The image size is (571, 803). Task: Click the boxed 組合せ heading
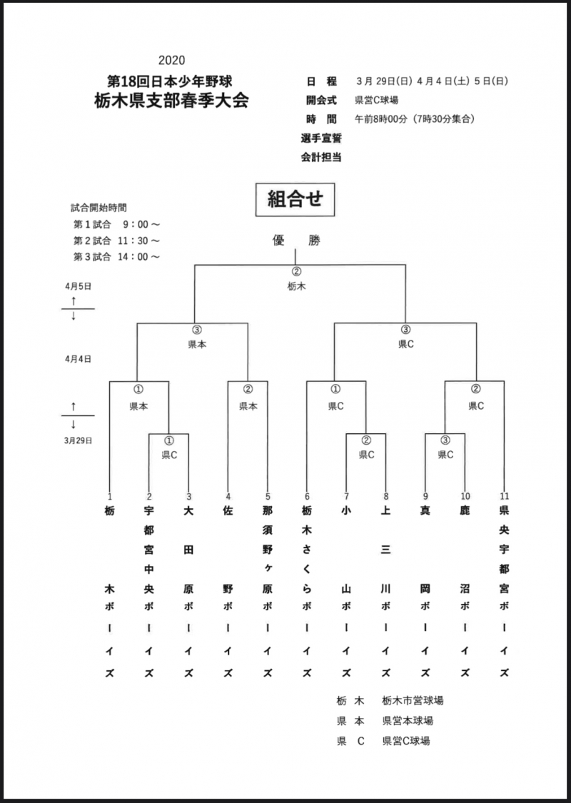(295, 199)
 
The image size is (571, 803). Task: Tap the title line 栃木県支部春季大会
(171, 100)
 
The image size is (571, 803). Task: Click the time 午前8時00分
(381, 118)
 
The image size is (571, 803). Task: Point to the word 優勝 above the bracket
(295, 241)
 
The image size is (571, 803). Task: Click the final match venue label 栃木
(296, 286)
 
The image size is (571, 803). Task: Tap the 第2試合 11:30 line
(116, 241)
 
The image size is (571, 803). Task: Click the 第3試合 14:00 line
(116, 256)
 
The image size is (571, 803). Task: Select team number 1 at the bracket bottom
(110, 496)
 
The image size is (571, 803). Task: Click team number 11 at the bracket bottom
(505, 496)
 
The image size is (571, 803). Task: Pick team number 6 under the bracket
(307, 496)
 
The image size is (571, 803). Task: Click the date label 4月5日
(77, 286)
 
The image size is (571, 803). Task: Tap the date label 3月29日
(77, 440)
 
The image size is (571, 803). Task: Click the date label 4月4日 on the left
(77, 360)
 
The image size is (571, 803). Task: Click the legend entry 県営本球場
(407, 720)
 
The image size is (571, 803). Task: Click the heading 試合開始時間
(98, 208)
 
